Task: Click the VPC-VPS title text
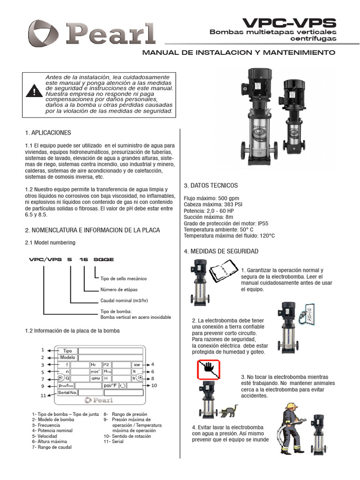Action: click(289, 22)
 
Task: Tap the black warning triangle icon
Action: click(33, 91)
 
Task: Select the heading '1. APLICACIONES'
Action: click(48, 133)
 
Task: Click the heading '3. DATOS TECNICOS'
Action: click(210, 186)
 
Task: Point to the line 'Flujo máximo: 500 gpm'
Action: click(212, 198)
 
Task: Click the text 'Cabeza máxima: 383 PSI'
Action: click(213, 205)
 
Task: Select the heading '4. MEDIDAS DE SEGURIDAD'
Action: click(221, 252)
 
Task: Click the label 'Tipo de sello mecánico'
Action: click(123, 278)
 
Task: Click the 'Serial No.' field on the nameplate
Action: click(67, 393)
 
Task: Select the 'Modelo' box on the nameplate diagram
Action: click(67, 357)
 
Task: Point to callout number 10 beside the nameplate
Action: click(154, 385)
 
